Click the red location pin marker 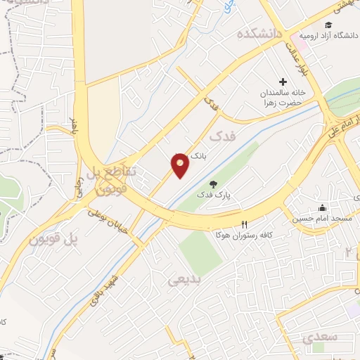pos(181,165)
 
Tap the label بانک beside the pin pos(200,160)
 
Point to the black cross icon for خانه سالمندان pos(283,82)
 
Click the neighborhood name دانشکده pos(259,32)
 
